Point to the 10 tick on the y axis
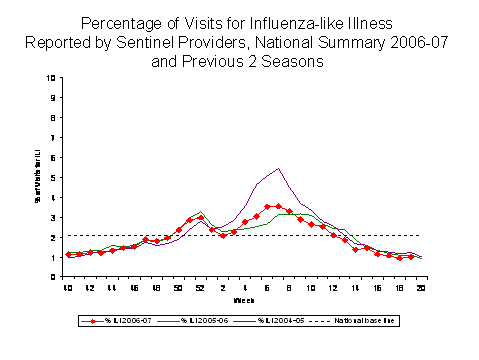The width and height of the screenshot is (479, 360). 52,78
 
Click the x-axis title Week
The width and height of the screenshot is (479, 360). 243,300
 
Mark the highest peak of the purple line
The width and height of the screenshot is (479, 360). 277,168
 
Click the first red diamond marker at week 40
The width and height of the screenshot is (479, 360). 68,255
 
